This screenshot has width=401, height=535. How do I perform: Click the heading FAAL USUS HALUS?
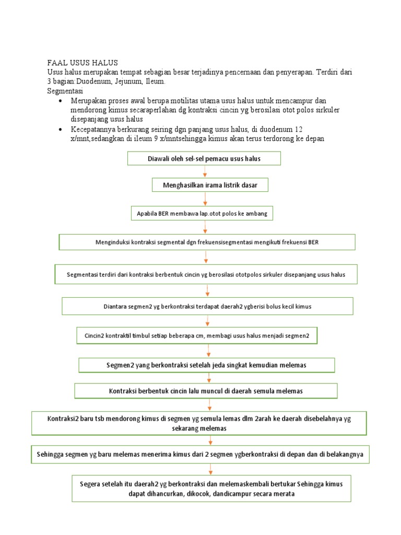(82, 63)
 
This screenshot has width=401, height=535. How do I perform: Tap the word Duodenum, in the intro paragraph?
(94, 82)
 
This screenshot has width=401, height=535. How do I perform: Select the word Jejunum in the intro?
(128, 82)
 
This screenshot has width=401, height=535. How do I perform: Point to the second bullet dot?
(62, 129)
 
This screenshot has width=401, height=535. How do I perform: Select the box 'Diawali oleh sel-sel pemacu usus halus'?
(204, 158)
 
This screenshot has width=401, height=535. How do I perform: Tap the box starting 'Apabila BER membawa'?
(205, 214)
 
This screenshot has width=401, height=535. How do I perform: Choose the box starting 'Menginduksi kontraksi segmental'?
(207, 242)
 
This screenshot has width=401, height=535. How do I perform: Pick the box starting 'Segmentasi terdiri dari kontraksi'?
(206, 274)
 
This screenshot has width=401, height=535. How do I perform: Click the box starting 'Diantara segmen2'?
(207, 306)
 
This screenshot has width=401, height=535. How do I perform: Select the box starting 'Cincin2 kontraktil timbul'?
(197, 335)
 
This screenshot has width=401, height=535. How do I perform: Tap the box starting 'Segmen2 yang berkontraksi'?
(207, 364)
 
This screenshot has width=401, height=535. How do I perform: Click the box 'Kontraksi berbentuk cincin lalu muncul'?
(206, 391)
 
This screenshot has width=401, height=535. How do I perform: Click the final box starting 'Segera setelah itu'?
(211, 489)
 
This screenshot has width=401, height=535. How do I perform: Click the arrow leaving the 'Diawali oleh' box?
(205, 171)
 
